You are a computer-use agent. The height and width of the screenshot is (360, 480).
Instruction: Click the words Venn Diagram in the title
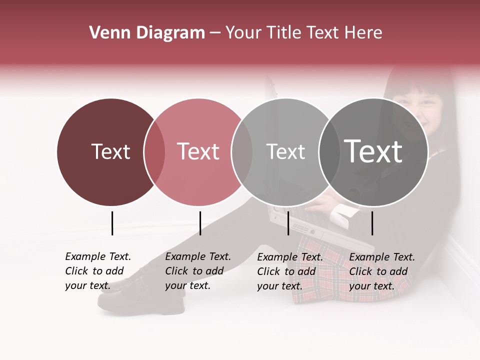tap(147, 33)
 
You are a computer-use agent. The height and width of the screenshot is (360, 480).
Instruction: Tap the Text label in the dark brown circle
tap(110, 151)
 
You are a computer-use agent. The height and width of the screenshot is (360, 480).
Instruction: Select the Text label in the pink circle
tap(198, 151)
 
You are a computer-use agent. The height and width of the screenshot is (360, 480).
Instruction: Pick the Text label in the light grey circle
tap(285, 151)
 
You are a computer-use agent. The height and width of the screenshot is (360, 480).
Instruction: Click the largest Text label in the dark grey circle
tap(373, 151)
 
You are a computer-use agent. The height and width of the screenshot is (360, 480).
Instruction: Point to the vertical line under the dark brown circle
tap(112, 223)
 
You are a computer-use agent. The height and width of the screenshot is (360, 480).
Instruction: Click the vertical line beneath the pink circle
tap(200, 223)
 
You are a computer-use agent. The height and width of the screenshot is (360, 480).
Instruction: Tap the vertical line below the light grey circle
tap(288, 223)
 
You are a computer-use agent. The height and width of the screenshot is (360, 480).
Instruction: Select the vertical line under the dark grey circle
tap(372, 223)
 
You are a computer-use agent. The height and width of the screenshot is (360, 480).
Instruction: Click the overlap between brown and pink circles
tap(154, 152)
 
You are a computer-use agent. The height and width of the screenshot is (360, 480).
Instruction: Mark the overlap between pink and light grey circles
tap(242, 152)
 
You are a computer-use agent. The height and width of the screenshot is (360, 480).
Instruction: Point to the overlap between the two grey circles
tap(328, 152)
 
